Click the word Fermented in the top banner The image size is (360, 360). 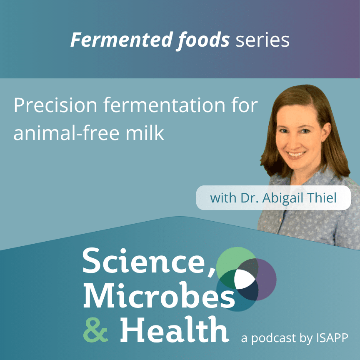(x=122, y=40)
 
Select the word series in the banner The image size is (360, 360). (x=262, y=41)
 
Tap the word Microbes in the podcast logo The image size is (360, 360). (x=159, y=295)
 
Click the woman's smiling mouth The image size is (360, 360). (x=297, y=154)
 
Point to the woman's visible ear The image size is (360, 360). (x=327, y=132)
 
